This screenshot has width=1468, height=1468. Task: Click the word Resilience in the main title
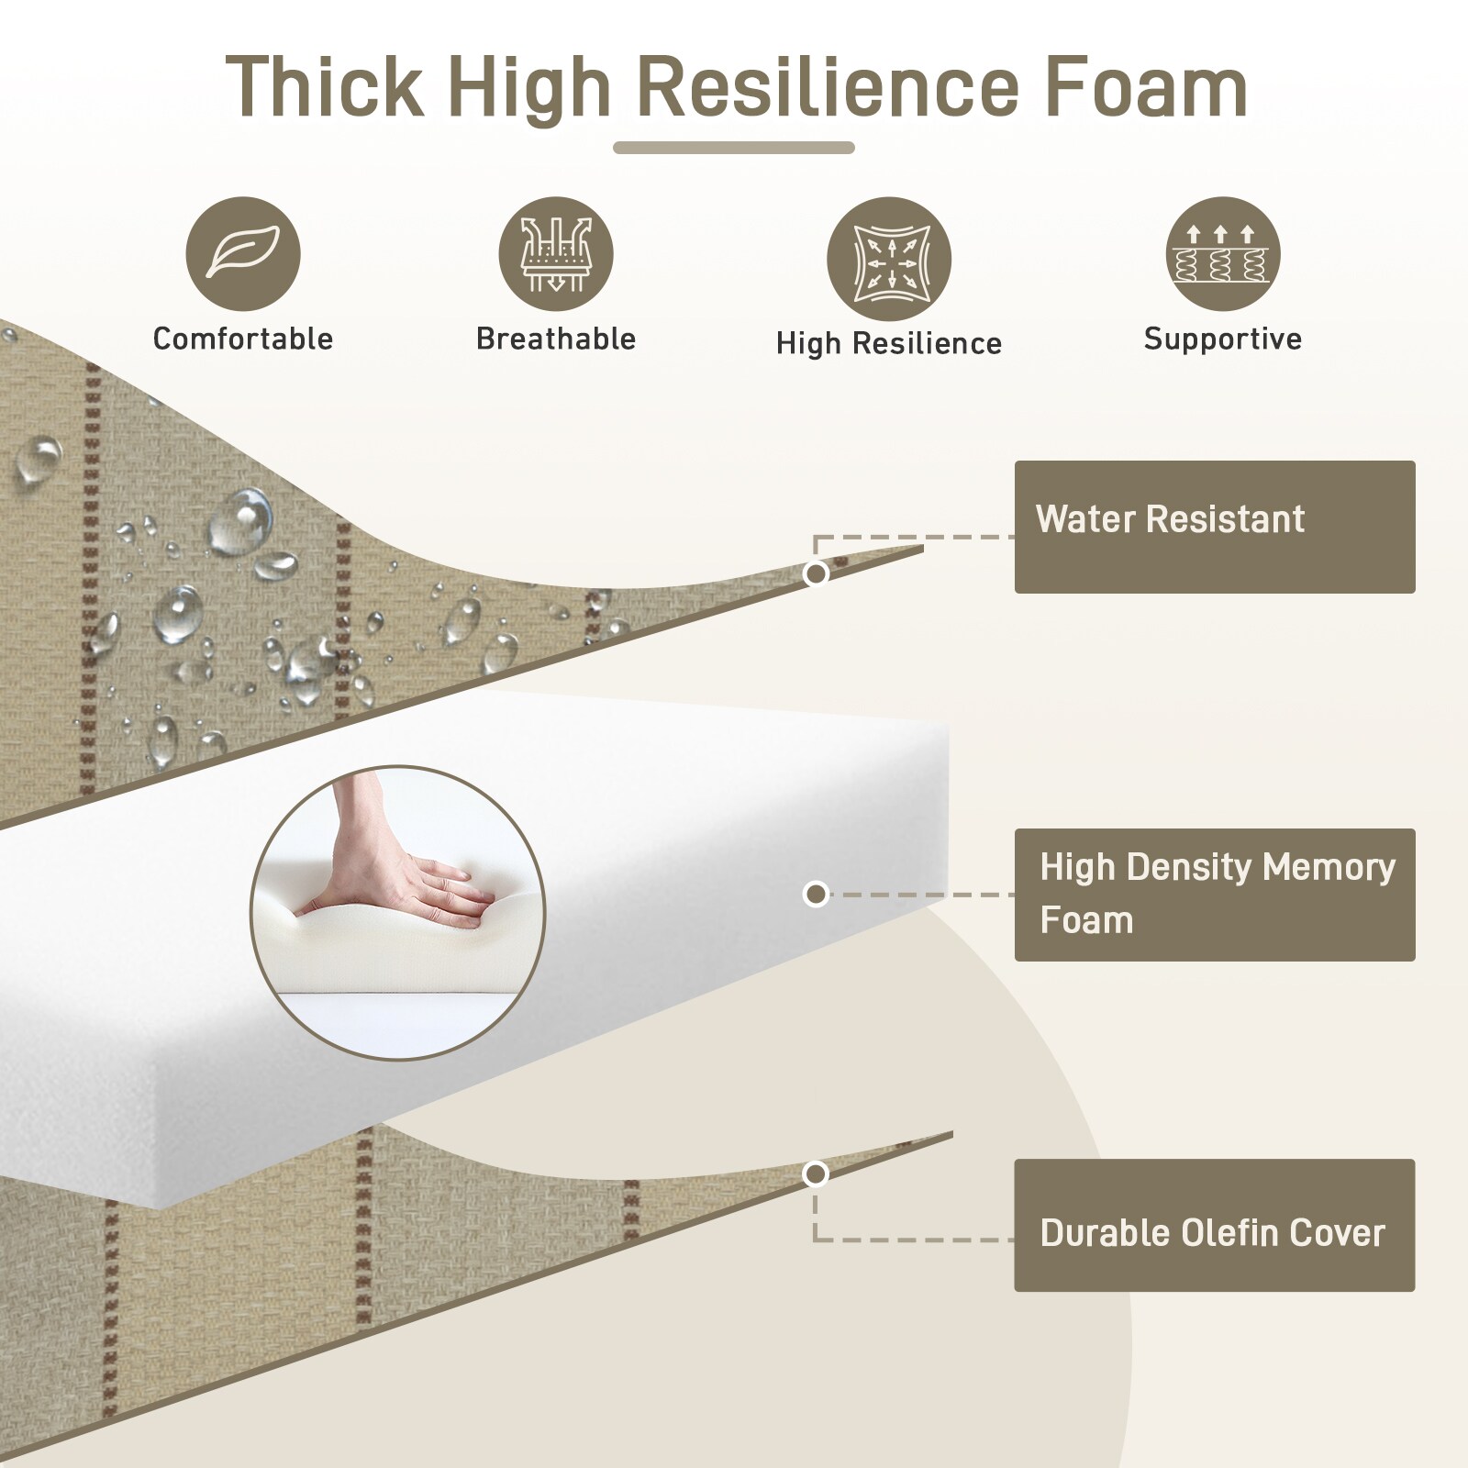pos(828,87)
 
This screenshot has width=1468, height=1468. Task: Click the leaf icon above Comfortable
pos(243,254)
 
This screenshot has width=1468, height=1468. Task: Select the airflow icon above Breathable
pos(556,254)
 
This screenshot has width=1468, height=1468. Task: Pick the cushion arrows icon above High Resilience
pos(889,259)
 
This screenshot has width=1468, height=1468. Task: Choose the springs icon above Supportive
pos(1223,254)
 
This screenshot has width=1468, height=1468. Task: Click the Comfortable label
pos(243,339)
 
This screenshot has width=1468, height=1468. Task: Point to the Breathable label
pos(556,339)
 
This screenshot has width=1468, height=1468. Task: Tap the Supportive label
pos(1223,339)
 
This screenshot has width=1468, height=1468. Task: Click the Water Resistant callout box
pos(1215,527)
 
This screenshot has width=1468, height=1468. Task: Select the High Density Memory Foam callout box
pos(1215,895)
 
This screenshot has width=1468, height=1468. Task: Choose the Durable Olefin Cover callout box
pos(1215,1225)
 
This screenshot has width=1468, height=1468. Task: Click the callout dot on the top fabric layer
pos(816,573)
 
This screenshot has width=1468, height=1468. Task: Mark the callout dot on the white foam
pos(816,894)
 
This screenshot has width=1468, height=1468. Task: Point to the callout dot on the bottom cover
pos(815,1173)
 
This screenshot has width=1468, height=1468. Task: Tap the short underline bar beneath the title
pos(734,148)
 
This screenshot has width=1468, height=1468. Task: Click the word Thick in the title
pos(325,87)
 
